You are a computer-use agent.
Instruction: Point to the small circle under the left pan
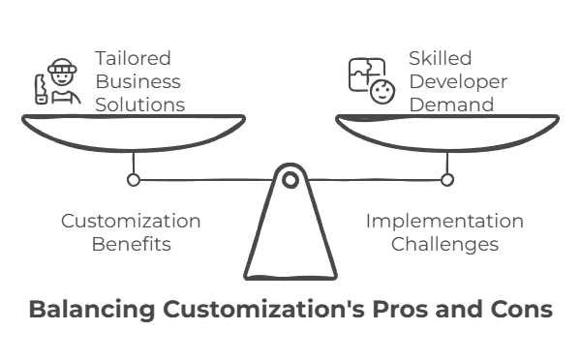pyautogui.click(x=134, y=179)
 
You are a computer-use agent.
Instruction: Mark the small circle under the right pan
pyautogui.click(x=446, y=179)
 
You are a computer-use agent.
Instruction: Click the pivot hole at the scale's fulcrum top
pyautogui.click(x=290, y=178)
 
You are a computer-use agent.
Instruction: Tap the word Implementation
pyautogui.click(x=443, y=221)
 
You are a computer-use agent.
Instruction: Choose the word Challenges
pyautogui.click(x=444, y=244)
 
